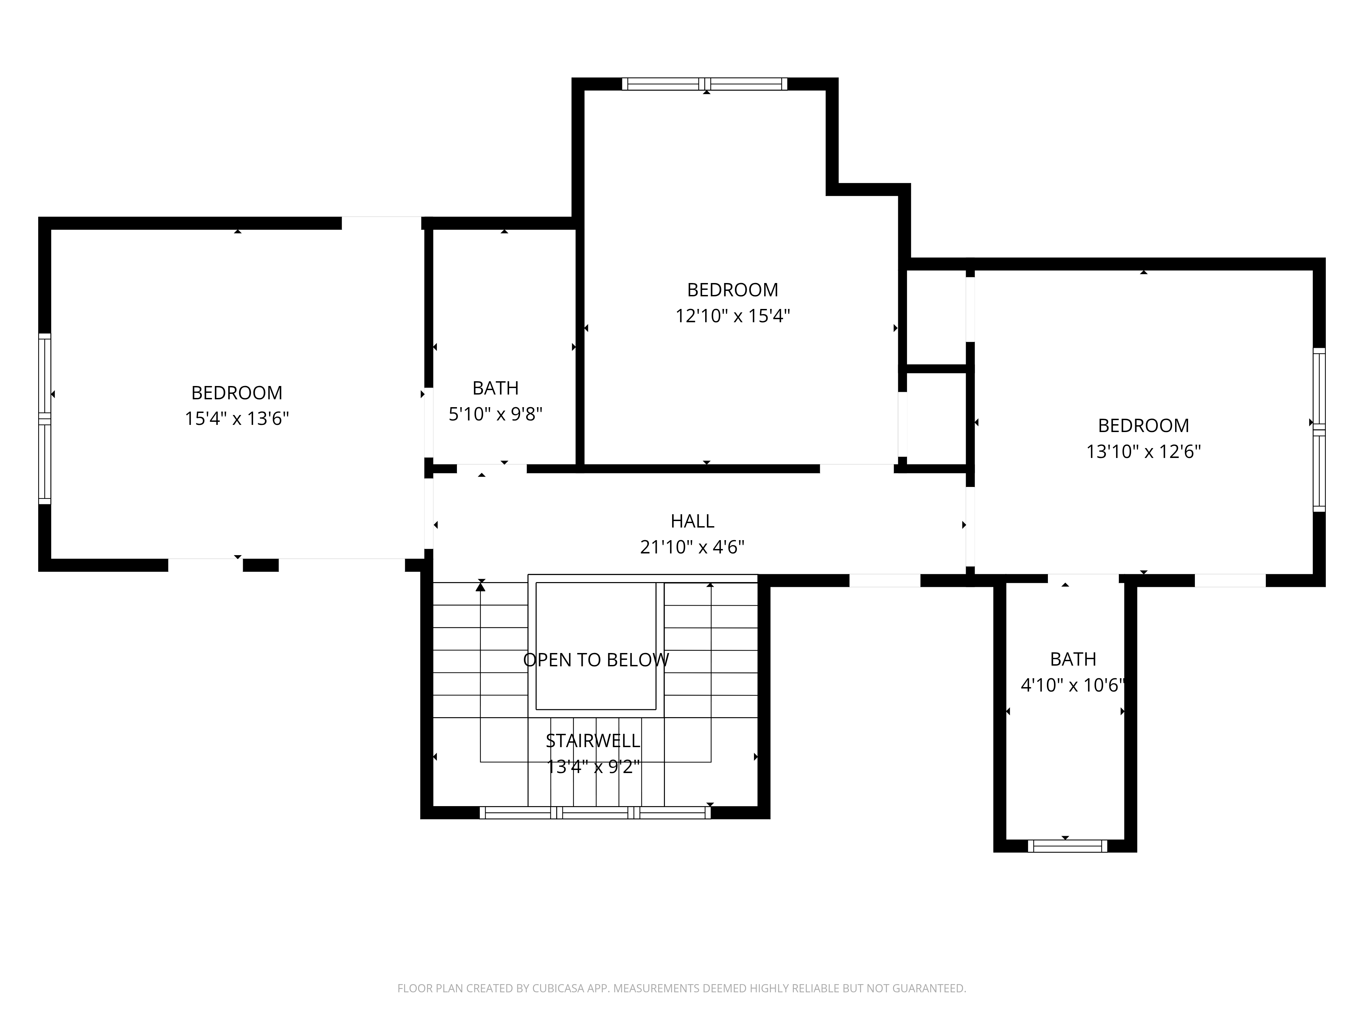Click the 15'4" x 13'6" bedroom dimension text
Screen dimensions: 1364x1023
[237, 419]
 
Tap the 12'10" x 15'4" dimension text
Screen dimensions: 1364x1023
[732, 316]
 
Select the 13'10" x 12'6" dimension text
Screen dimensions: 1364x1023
[1143, 451]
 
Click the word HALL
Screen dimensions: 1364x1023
[693, 521]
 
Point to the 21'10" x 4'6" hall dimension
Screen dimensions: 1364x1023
[693, 547]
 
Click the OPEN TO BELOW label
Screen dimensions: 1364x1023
[596, 660]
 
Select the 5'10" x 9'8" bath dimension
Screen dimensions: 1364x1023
[495, 414]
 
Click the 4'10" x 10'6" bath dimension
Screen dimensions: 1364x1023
[1073, 685]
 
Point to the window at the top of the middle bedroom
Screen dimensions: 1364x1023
[704, 84]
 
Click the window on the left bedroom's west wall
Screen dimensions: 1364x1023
[44, 419]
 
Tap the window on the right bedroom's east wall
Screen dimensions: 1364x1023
[1319, 429]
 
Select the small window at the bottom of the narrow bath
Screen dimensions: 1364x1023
[1067, 846]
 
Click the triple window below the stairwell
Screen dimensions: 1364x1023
[595, 813]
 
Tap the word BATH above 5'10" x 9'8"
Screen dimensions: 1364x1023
[495, 388]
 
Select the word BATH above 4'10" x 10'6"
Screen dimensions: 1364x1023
[1073, 659]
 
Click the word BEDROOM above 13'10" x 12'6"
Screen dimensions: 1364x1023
[1143, 426]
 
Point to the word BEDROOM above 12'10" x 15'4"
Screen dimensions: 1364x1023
[732, 290]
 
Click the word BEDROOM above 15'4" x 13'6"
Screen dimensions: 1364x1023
[237, 393]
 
